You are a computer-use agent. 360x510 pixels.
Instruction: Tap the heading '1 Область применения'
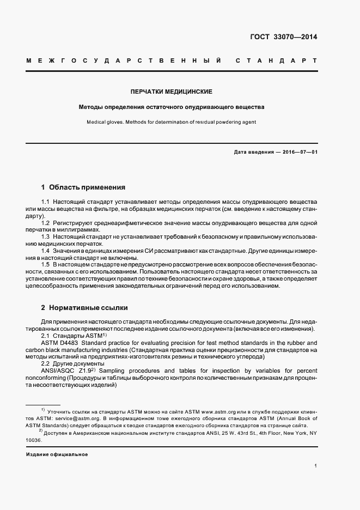tap(83, 187)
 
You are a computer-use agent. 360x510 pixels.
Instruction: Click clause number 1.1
tap(46, 202)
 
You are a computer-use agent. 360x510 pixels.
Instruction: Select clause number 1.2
tap(46, 223)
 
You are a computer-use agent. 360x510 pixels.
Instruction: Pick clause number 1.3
tap(46, 237)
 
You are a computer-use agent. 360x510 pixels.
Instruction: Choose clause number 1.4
tap(46, 251)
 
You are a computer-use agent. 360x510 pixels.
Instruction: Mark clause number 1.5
tap(46, 264)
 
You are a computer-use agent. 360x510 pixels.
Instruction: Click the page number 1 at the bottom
tap(316, 466)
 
